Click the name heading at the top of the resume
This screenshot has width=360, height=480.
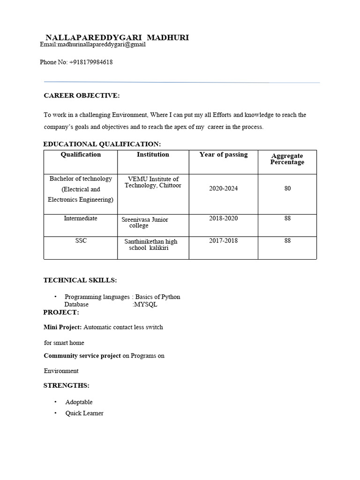[117, 37]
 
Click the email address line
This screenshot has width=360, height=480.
[93, 45]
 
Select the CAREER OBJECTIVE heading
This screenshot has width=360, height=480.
[82, 96]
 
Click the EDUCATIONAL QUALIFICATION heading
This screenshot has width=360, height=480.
[102, 144]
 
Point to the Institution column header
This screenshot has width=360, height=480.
[153, 154]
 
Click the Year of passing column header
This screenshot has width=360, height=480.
[223, 154]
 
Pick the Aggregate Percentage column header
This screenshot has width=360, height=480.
[287, 159]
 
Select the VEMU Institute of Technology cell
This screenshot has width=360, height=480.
[153, 182]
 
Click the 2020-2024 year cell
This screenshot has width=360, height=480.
[223, 188]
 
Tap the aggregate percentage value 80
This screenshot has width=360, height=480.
[287, 188]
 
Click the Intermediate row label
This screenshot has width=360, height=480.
[81, 218]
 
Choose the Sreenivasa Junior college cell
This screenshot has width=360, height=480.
[145, 222]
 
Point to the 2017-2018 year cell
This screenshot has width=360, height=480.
[223, 240]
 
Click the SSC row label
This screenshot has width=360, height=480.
[81, 240]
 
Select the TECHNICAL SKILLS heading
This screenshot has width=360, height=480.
[80, 280]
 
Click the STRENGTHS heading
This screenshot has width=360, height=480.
[66, 385]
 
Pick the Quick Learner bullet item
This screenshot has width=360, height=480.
[84, 413]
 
